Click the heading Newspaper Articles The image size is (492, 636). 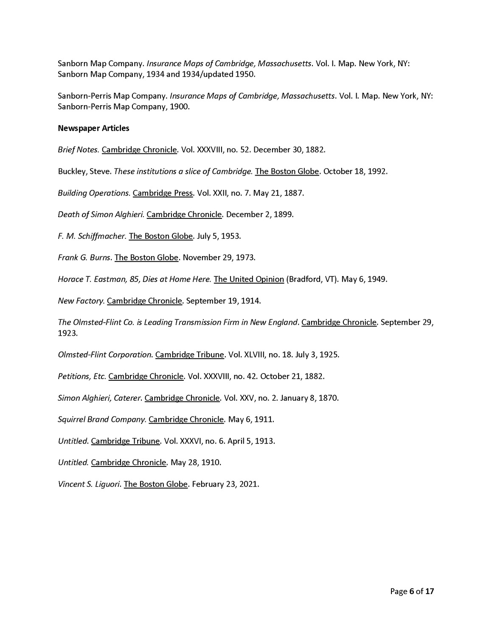[x=93, y=128]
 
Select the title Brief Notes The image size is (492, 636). [x=78, y=150]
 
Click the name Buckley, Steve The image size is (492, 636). [x=84, y=171]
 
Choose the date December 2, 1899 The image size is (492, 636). [x=259, y=215]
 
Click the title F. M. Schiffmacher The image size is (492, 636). [x=92, y=236]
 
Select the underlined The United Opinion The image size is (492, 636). [x=249, y=279]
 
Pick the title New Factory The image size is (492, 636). [x=81, y=301]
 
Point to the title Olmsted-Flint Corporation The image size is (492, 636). [x=105, y=354]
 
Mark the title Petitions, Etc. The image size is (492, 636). [x=82, y=376]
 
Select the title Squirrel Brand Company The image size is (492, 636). [x=102, y=419]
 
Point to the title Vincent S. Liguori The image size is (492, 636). [x=89, y=484]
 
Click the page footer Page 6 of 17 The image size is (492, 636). [x=412, y=591]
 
